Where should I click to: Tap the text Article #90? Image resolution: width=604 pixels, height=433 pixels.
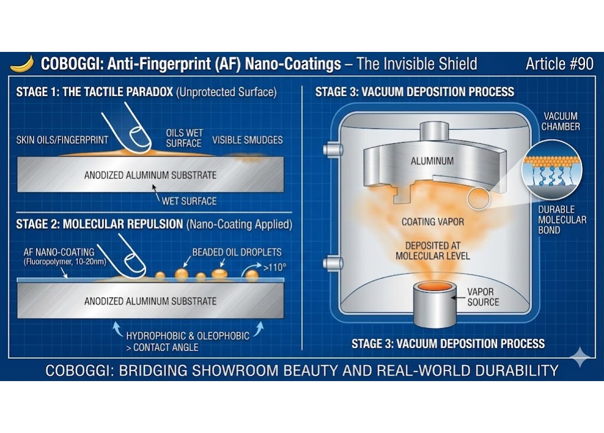(559, 64)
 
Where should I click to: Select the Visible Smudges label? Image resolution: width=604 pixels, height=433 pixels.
(247, 140)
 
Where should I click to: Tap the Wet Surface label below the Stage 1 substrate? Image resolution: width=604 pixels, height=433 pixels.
(189, 201)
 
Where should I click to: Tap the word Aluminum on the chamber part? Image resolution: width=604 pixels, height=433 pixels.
(432, 160)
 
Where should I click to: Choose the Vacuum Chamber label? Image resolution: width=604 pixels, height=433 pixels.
(561, 121)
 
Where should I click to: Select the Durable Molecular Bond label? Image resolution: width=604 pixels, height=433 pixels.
(561, 219)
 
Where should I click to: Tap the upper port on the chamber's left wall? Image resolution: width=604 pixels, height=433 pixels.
(333, 150)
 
